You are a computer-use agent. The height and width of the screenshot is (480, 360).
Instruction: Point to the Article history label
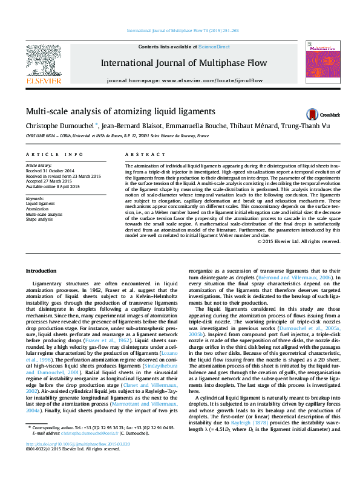tap(39, 165)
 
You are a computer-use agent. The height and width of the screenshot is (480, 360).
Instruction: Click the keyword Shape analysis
tap(40, 219)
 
